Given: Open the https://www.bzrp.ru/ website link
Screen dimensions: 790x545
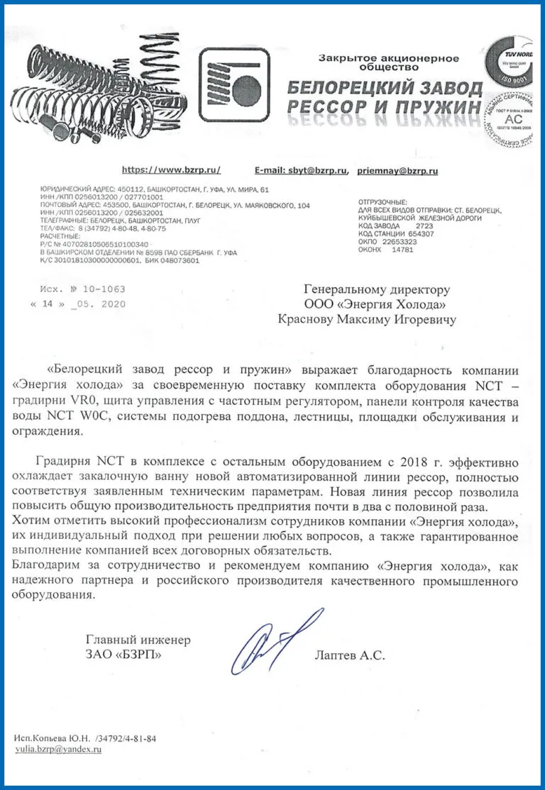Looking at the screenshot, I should click(171, 170).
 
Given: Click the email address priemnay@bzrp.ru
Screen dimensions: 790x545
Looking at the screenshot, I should click(397, 171).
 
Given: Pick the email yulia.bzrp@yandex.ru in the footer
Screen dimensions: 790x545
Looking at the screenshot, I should click(57, 750).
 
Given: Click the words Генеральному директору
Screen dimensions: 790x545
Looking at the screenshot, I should click(377, 289).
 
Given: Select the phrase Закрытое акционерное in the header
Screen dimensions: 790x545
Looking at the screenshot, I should click(389, 58).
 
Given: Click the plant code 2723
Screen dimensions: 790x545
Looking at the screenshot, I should click(424, 226).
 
